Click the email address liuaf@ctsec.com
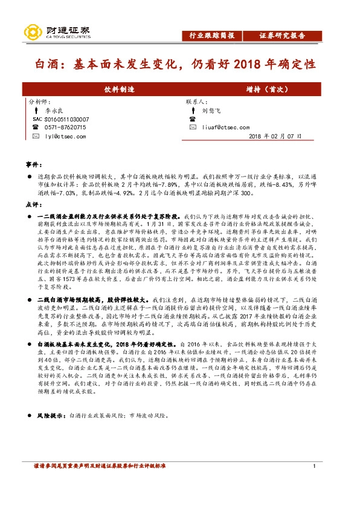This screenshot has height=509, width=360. pyautogui.click(x=227, y=128)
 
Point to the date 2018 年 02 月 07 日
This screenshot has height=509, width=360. pyautogui.click(x=275, y=137)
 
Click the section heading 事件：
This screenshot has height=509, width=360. pyautogui.click(x=34, y=164)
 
